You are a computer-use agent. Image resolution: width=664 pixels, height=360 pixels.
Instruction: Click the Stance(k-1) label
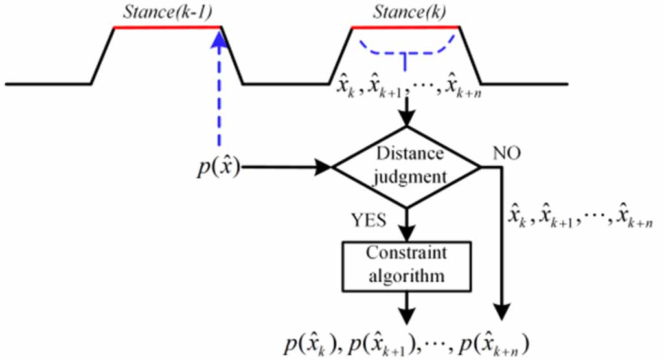click(168, 11)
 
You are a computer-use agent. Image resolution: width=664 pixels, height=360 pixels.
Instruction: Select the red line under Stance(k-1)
click(168, 27)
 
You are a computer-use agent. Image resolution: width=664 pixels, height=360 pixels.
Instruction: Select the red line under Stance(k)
click(405, 27)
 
